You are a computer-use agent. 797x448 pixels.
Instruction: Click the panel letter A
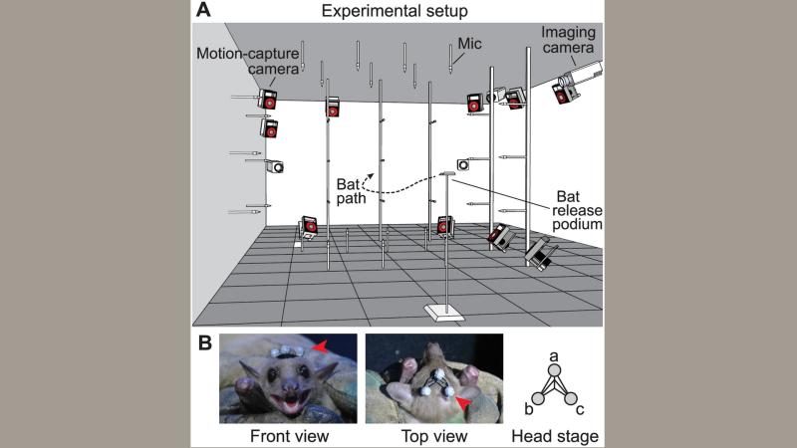point(205,11)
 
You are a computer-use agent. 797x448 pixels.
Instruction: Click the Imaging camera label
point(566,41)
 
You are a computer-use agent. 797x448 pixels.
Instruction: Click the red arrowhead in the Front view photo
point(320,345)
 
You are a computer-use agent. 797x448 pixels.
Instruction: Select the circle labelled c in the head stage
point(571,399)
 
